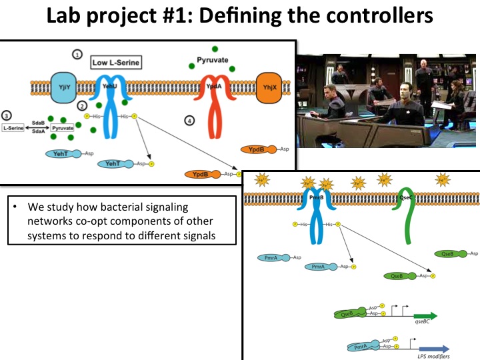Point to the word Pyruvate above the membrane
pyautogui.click(x=213, y=60)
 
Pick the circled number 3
pyautogui.click(x=7, y=115)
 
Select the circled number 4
pyautogui.click(x=190, y=121)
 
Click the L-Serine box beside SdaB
pyautogui.click(x=15, y=127)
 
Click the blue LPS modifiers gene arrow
pyautogui.click(x=433, y=347)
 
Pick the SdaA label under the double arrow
pyautogui.click(x=38, y=133)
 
